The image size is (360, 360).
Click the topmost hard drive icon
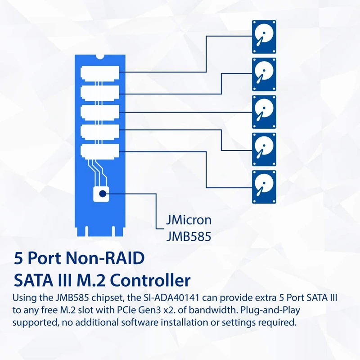point(263,37)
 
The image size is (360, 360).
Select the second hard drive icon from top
point(263,75)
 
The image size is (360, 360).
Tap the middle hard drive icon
point(263,112)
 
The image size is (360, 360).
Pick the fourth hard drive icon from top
point(263,149)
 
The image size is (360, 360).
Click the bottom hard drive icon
point(263,186)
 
